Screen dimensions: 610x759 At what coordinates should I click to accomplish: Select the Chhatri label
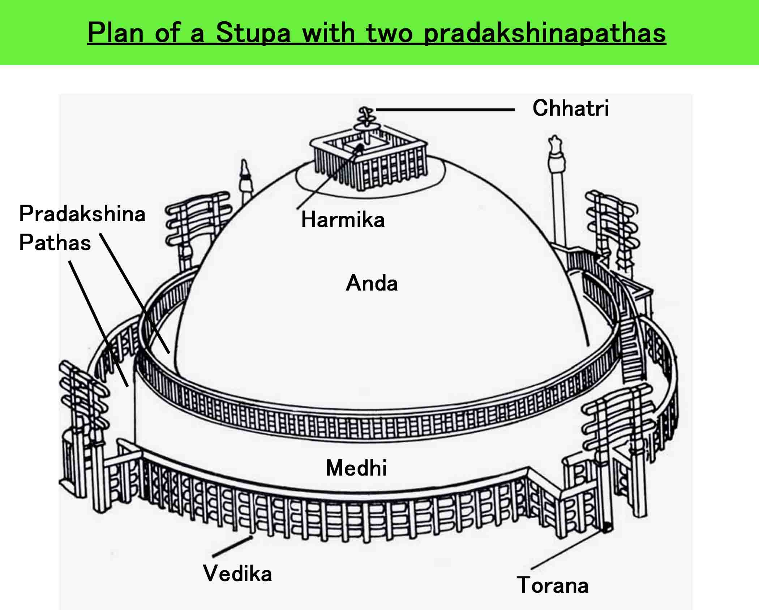570,108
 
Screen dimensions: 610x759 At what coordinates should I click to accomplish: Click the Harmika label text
343,220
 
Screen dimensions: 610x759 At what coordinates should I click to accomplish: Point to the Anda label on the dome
372,283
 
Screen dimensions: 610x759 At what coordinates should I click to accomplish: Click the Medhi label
356,468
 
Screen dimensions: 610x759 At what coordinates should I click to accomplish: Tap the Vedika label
237,574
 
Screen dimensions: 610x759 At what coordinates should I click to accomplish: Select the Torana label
552,585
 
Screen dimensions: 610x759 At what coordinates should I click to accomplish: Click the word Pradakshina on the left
82,214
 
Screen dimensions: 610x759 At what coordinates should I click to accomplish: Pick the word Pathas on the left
55,242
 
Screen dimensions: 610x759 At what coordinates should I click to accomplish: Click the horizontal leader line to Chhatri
445,109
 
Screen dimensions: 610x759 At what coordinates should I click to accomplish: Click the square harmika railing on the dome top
369,163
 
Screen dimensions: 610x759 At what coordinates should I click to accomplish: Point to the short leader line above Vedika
232,546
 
